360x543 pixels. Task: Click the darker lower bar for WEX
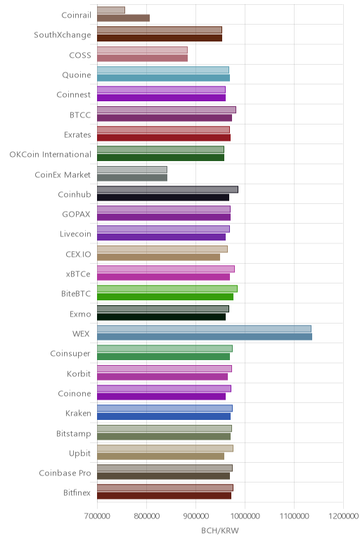click(205, 337)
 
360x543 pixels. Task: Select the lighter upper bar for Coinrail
click(111, 10)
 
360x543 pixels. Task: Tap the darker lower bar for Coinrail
click(124, 18)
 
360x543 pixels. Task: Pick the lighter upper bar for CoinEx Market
click(132, 170)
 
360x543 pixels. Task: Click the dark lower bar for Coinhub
click(163, 198)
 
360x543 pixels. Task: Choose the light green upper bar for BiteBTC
click(167, 289)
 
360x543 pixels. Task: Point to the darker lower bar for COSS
click(142, 58)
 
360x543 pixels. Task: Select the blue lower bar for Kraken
click(164, 416)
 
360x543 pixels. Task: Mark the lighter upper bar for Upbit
click(165, 448)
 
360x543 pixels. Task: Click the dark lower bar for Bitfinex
click(164, 496)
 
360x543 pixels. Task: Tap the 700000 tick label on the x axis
click(97, 516)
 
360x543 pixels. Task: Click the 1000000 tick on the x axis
click(245, 516)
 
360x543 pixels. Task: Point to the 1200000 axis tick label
click(344, 516)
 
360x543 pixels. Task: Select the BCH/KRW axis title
click(220, 530)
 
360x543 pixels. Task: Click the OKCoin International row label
click(50, 155)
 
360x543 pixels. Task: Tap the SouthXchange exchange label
click(63, 35)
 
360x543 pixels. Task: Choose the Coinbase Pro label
click(65, 473)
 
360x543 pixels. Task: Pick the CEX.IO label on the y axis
click(79, 254)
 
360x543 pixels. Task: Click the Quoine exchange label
click(77, 75)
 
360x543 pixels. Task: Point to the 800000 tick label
click(146, 516)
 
